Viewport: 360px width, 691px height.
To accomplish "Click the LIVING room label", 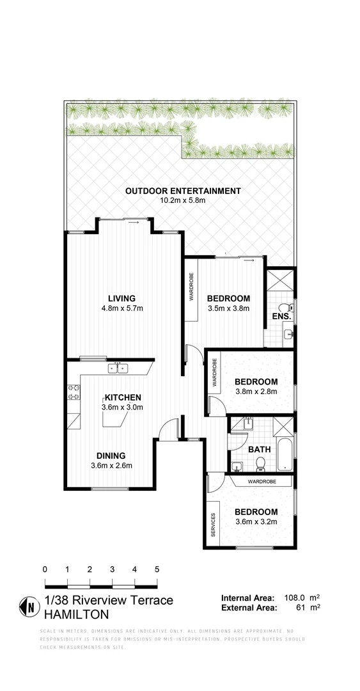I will (121, 298).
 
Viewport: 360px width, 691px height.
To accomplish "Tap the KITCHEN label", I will (122, 397).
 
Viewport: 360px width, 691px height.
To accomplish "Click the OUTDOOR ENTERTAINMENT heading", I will (183, 191).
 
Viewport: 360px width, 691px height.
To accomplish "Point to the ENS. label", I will (282, 316).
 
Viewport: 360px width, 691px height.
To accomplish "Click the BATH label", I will (260, 449).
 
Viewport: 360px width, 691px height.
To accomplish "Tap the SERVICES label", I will (214, 525).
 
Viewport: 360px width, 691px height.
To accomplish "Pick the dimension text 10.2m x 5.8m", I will (183, 200).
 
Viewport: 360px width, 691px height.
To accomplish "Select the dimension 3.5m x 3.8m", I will (228, 308).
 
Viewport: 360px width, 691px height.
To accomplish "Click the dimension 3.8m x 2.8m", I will (255, 392).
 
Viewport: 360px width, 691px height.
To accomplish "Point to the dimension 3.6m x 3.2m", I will (256, 521).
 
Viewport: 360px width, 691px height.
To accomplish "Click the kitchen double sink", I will (118, 368).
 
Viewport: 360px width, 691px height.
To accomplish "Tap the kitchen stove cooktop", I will (74, 391).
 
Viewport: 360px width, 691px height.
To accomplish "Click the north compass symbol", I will (29, 606).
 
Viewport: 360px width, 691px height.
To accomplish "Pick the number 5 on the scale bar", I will (157, 568).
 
